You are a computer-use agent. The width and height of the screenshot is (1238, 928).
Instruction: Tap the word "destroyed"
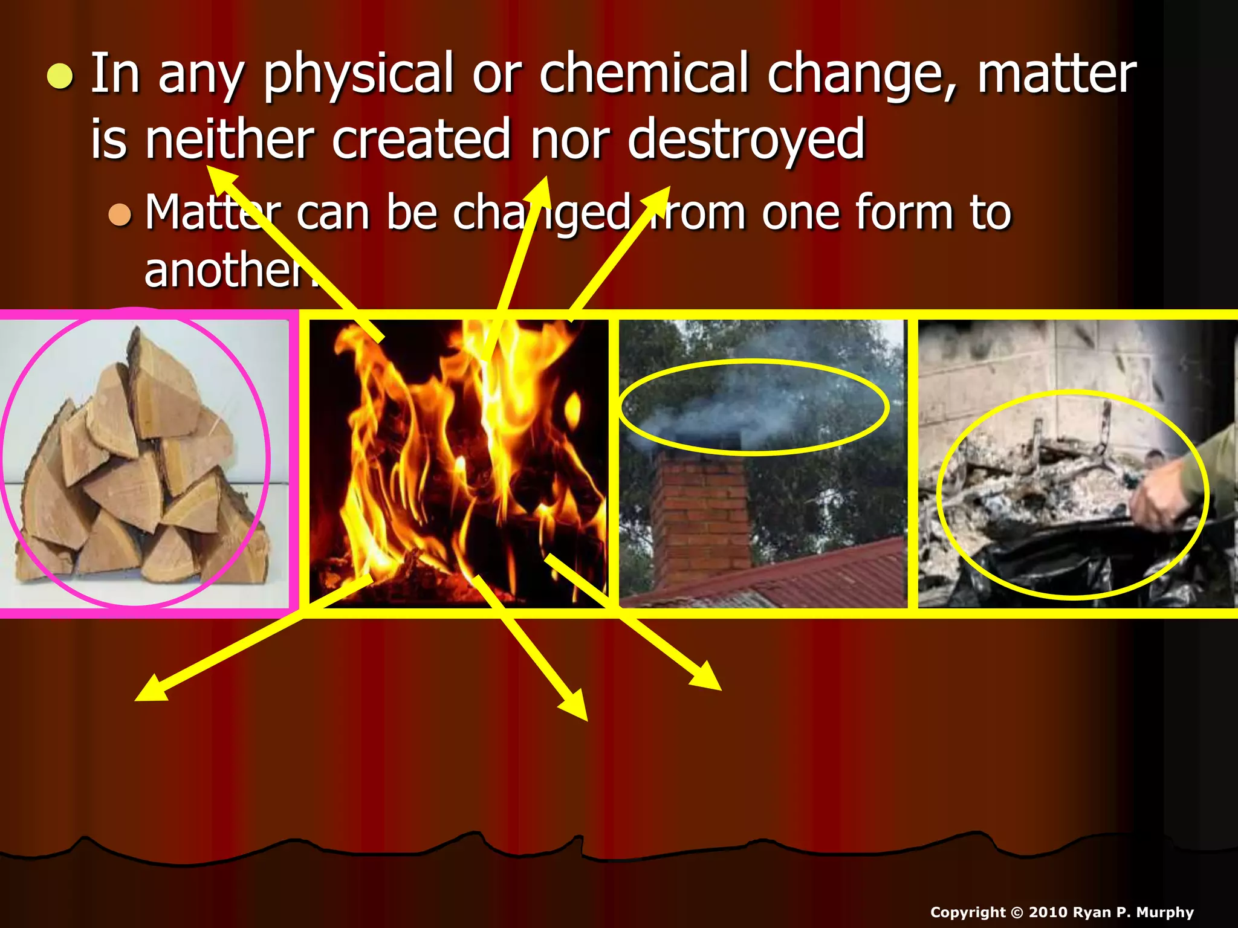(746, 140)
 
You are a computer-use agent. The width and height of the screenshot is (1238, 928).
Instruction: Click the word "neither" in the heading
(229, 140)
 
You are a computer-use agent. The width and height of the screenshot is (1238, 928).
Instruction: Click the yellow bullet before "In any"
(60, 77)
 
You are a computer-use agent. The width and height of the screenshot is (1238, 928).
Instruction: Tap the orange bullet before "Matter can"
(120, 214)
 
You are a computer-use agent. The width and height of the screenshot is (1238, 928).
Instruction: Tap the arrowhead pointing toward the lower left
(148, 692)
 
